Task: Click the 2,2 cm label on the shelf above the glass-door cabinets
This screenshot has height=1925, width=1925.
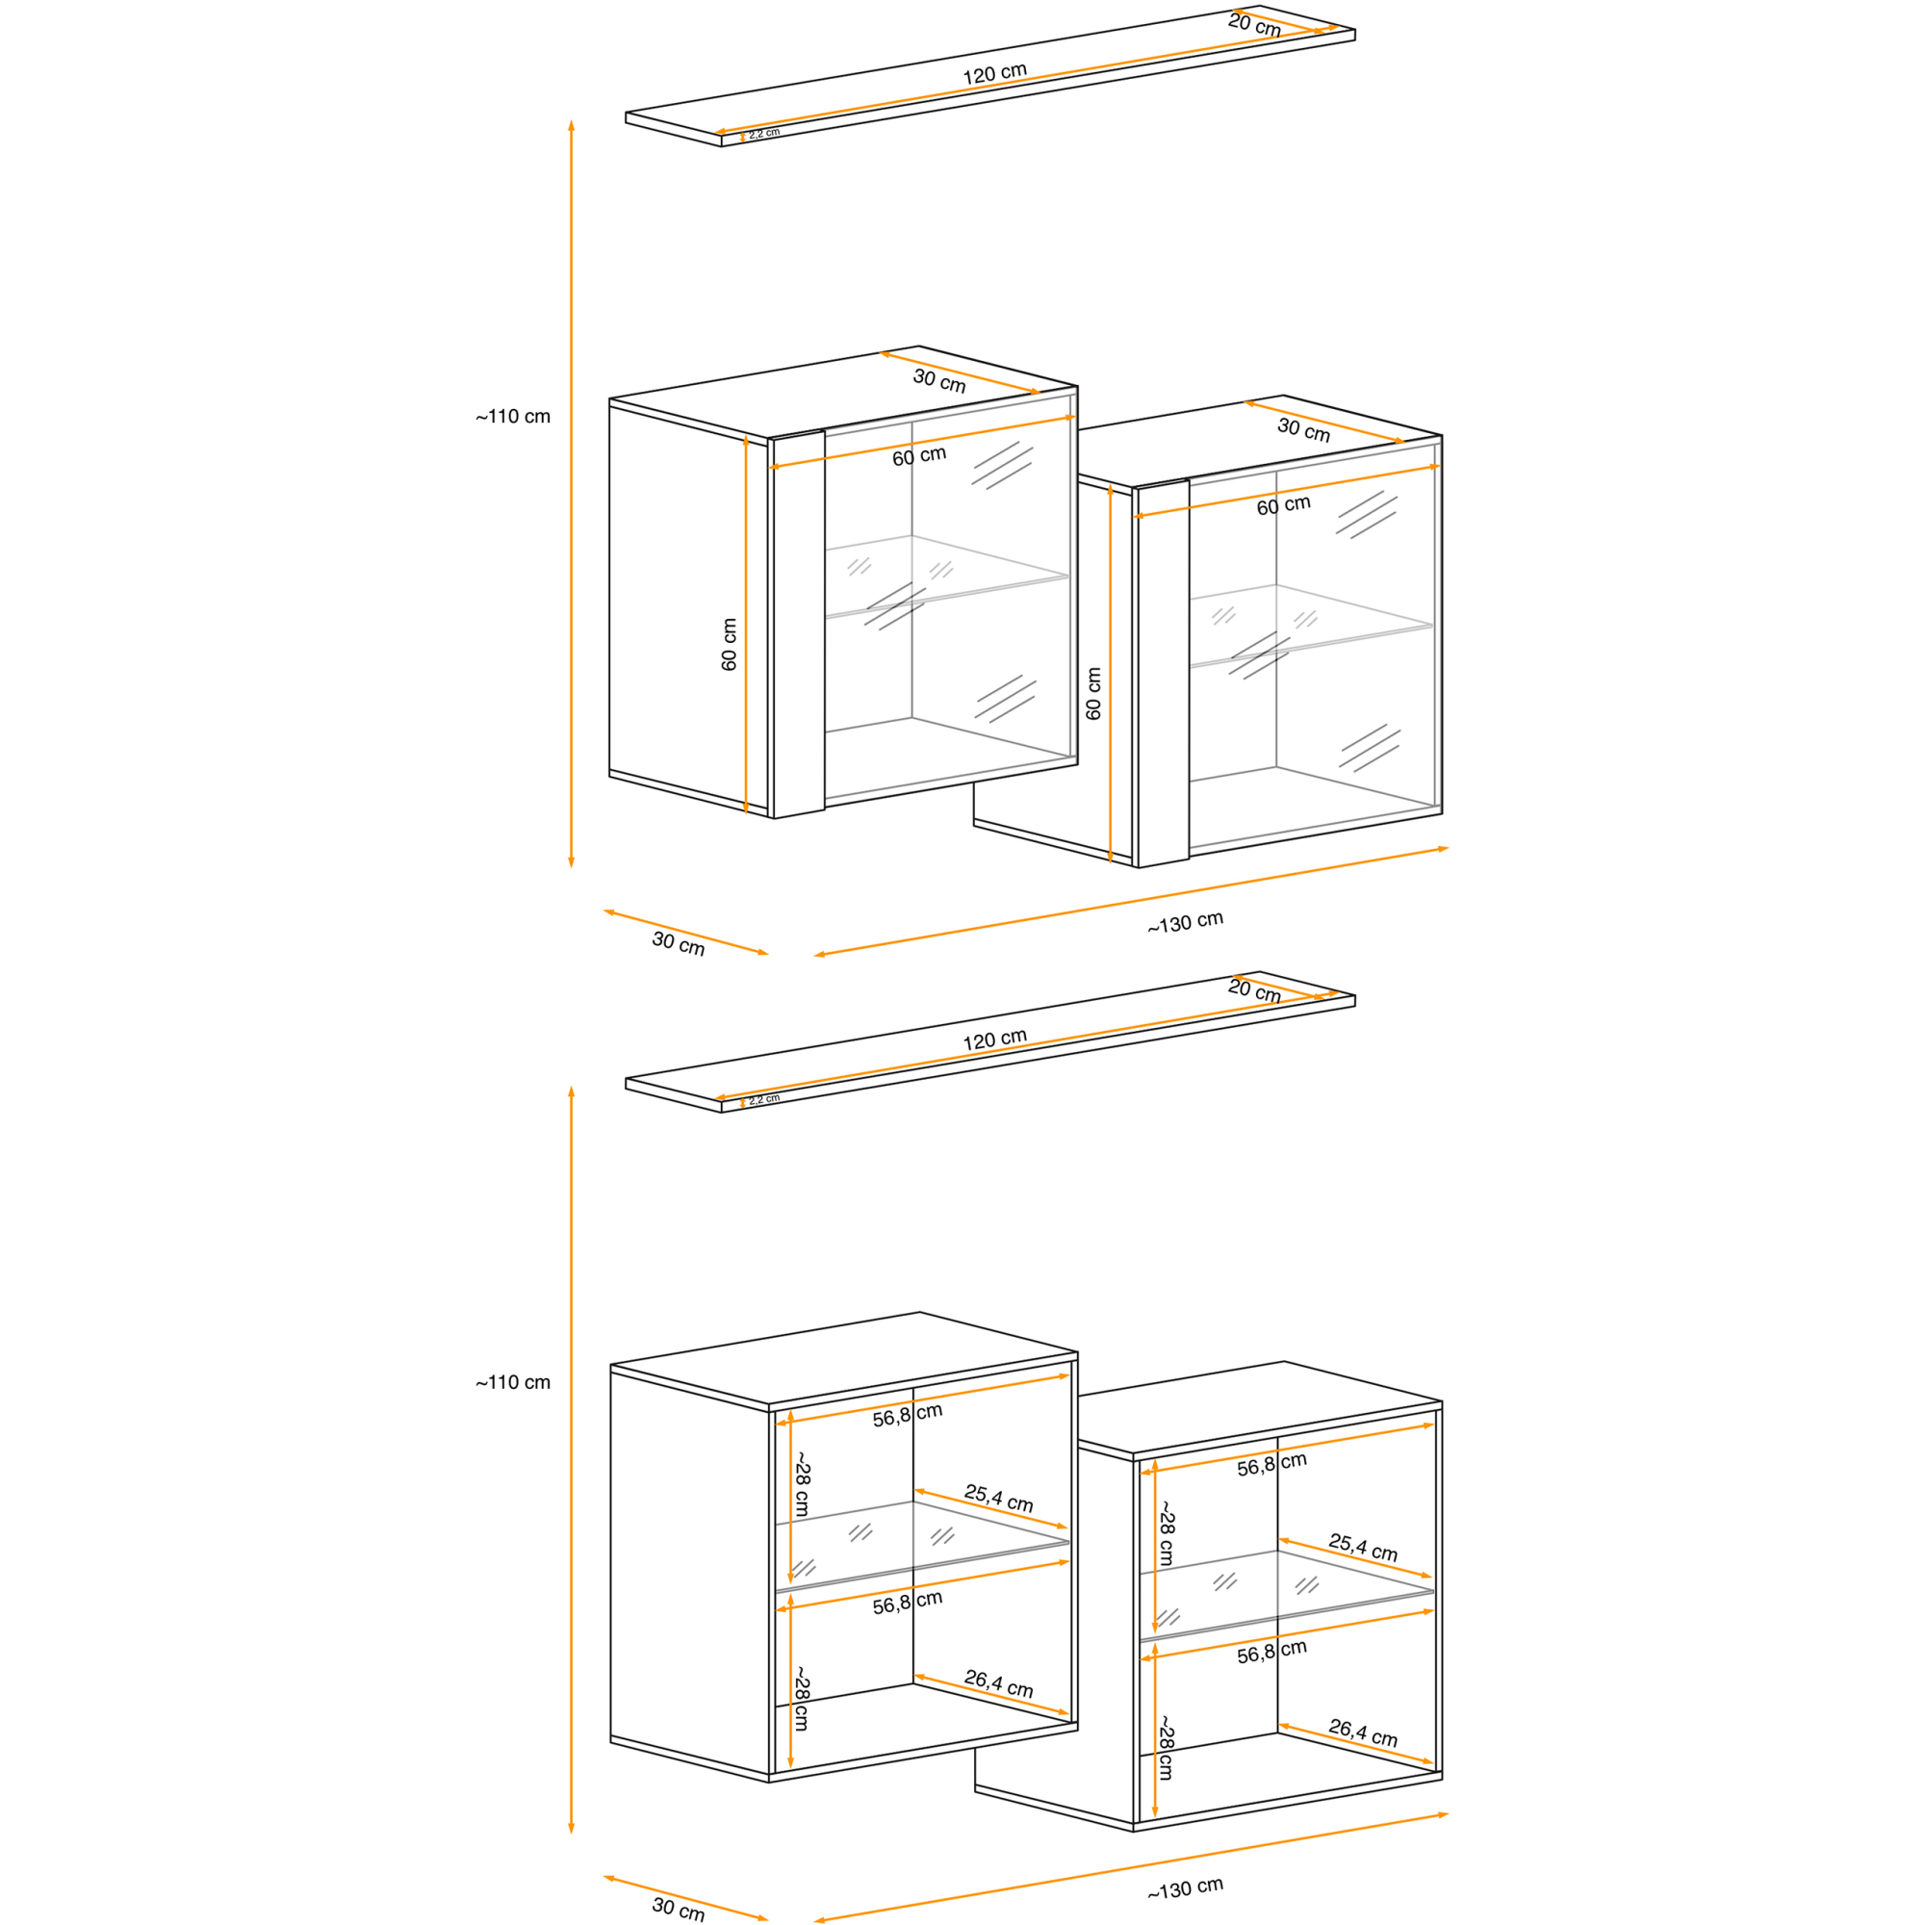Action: [764, 133]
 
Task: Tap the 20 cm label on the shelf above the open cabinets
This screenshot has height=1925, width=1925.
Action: [1253, 990]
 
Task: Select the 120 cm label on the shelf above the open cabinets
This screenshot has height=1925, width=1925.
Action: [994, 1040]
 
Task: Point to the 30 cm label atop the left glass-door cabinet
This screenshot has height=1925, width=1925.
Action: [938, 380]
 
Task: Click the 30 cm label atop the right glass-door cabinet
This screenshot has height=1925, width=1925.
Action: [1303, 430]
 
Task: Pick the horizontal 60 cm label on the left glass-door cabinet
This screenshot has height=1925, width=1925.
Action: [918, 456]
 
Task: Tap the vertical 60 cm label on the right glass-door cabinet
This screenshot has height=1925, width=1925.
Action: [1093, 693]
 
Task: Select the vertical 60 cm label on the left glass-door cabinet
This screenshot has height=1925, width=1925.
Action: [729, 644]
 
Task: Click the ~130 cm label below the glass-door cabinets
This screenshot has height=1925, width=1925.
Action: [1185, 923]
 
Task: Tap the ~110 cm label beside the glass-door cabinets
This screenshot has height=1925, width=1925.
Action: [512, 417]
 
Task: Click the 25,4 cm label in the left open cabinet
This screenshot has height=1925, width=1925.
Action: [998, 1498]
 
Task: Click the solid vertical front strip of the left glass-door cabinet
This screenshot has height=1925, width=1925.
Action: [799, 625]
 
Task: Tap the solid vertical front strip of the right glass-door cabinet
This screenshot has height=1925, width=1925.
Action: [1164, 674]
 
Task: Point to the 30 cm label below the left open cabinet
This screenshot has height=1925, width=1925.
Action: [678, 1908]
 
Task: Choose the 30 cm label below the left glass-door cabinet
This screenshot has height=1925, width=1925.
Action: [678, 942]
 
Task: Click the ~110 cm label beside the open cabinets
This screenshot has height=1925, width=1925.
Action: [512, 1382]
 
